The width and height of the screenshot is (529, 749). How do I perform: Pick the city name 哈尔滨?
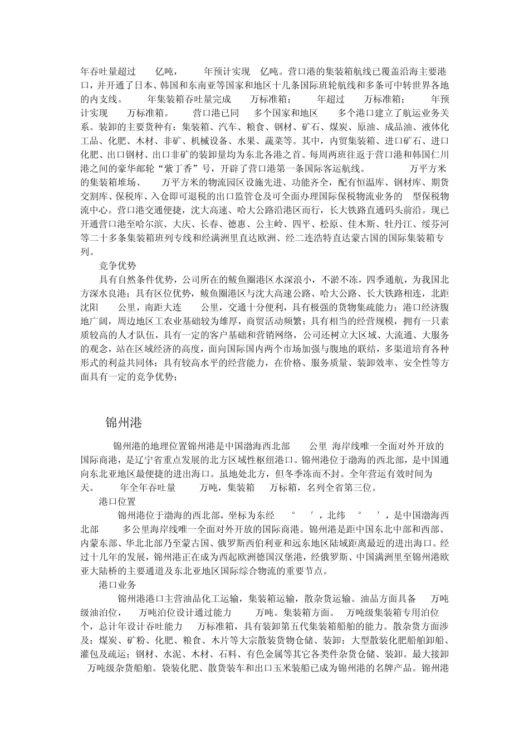(x=147, y=225)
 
